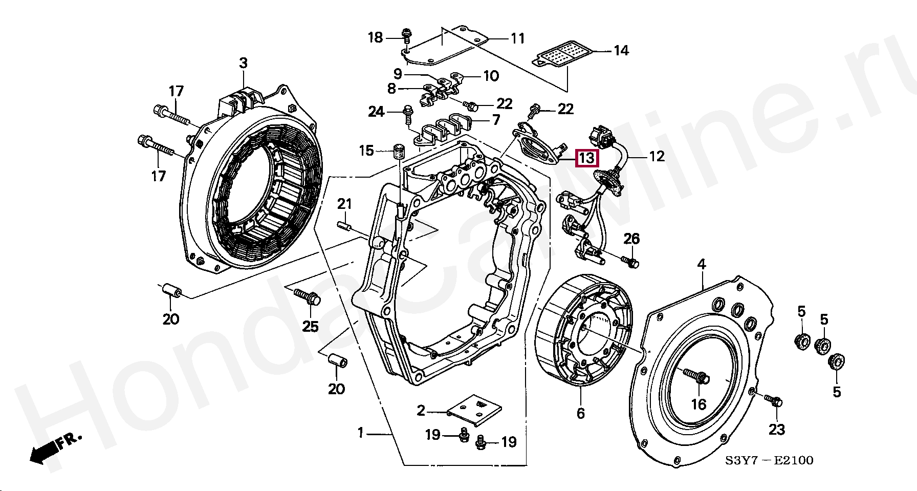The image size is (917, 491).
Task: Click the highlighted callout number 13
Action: (x=586, y=158)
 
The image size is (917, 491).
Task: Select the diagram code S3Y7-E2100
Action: (x=769, y=460)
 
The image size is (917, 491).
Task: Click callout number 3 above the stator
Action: (x=243, y=63)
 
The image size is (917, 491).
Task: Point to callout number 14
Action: (x=621, y=50)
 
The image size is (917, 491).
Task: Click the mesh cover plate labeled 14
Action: (x=562, y=54)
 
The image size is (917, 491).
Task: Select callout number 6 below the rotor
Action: (x=580, y=413)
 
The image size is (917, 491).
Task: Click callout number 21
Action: (x=344, y=204)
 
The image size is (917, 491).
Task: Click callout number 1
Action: (x=360, y=433)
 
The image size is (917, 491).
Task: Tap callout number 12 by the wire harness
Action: (x=657, y=156)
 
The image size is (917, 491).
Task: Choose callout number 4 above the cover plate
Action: (x=702, y=264)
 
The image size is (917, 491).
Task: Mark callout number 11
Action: (x=518, y=38)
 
